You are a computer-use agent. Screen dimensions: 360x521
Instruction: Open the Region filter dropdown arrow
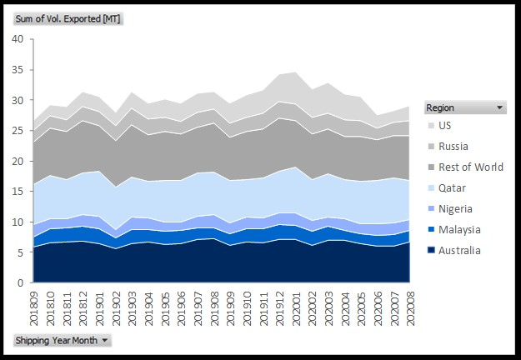(500, 107)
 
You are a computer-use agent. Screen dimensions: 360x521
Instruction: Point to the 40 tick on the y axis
(18, 39)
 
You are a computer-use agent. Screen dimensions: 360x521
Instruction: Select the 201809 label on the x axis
(34, 306)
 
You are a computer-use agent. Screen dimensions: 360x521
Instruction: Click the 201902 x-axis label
(116, 306)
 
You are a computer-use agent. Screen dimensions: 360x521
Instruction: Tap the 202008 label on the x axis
(409, 306)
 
